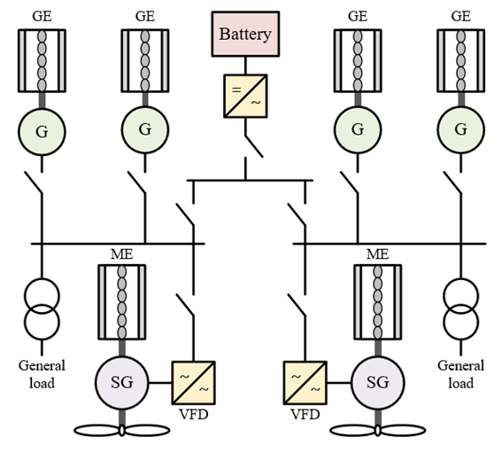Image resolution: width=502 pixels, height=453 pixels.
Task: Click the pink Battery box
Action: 245,34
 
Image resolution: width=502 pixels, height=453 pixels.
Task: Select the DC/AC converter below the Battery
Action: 245,96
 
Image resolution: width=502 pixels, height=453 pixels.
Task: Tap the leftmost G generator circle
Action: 42,132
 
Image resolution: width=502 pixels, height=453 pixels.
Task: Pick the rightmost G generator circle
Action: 460,129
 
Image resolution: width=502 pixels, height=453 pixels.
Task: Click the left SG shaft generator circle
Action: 121,382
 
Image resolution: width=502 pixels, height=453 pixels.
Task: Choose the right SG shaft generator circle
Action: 378,382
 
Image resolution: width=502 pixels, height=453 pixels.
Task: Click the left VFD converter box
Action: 194,383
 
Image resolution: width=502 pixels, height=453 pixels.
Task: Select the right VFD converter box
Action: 305,383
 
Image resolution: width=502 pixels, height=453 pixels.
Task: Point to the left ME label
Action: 121,254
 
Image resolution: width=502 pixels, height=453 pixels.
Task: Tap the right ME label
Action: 378,254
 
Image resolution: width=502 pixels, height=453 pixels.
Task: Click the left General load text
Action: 42,374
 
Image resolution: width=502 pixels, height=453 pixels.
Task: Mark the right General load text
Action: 460,374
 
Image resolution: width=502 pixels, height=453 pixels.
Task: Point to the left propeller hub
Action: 121,430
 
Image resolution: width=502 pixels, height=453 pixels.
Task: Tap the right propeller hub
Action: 378,430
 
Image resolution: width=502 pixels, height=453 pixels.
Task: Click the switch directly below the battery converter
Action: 254,146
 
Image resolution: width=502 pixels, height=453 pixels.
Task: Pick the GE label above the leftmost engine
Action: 42,16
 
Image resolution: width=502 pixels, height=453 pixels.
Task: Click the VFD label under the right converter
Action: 305,415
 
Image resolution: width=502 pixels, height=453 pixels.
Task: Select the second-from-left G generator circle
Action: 145,129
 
